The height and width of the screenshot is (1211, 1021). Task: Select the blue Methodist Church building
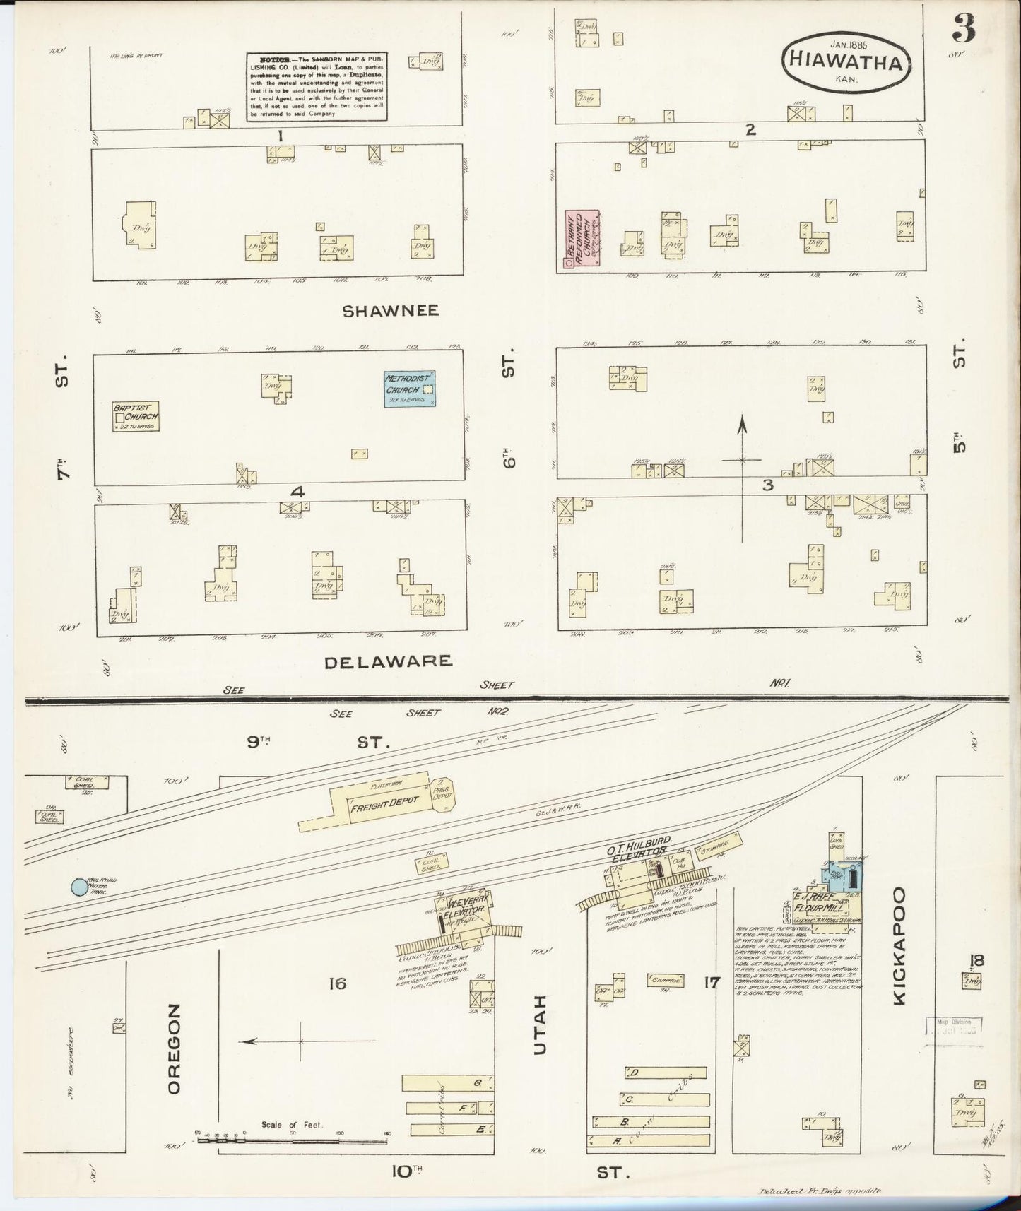coord(409,389)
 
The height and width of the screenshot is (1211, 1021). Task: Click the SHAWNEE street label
coord(390,310)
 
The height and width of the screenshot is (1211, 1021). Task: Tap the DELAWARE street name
coord(388,661)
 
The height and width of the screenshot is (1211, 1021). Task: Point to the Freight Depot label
coord(384,801)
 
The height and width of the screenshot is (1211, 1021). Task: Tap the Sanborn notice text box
coord(316,86)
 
